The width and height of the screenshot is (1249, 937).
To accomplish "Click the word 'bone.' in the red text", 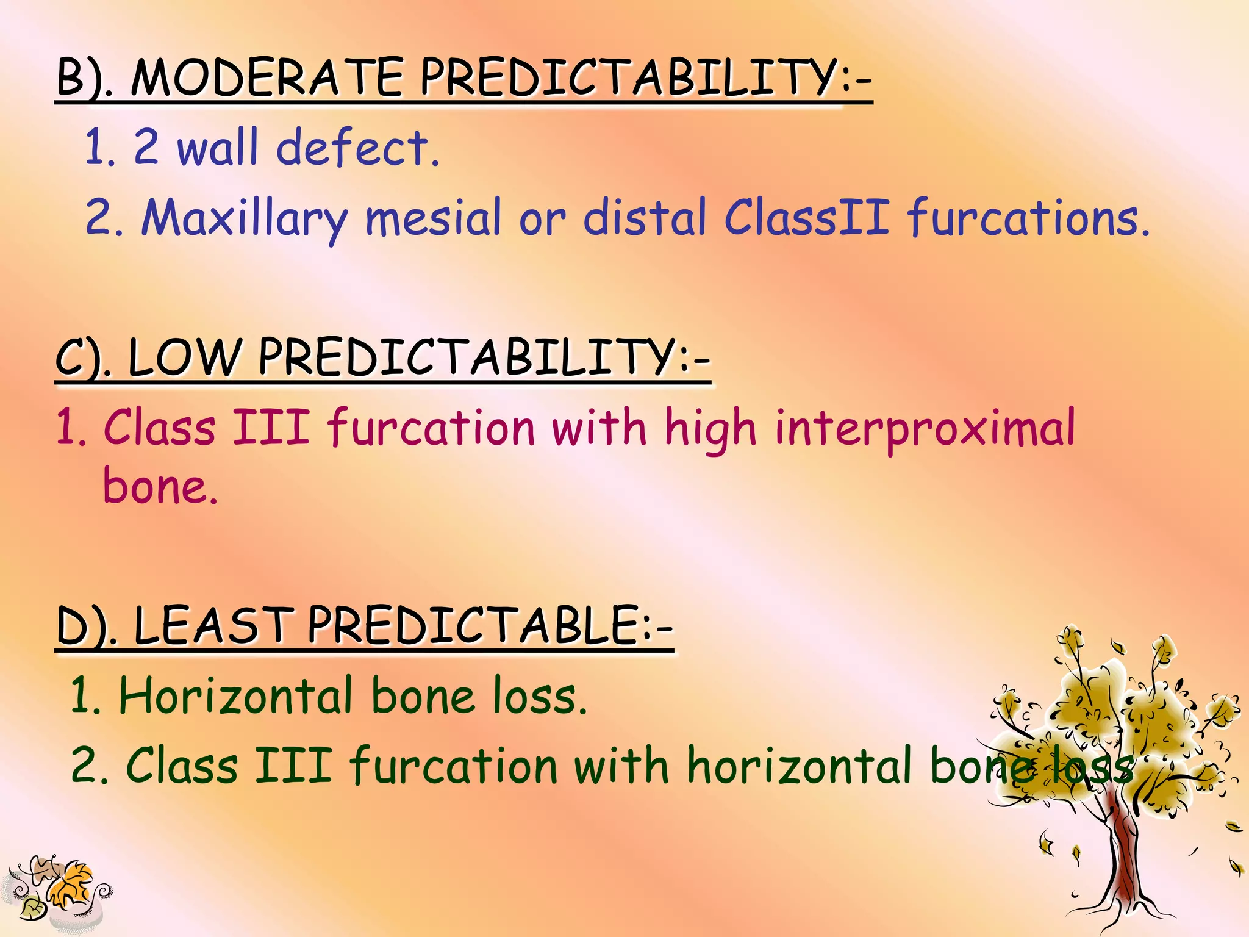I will pos(160,487).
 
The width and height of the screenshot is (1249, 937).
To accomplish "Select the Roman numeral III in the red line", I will pos(271,427).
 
